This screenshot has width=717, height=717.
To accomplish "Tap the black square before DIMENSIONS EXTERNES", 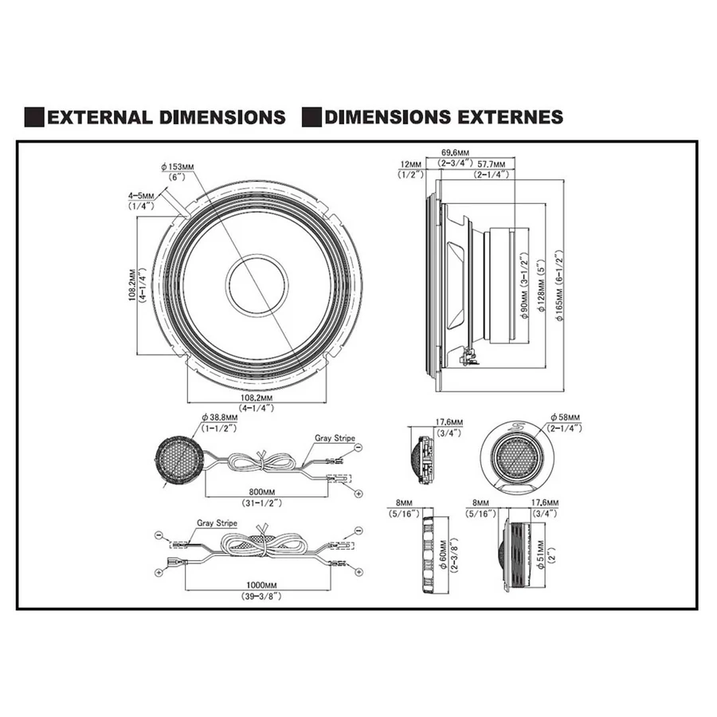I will coord(311,117).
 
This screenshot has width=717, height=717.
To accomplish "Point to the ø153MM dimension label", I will coord(177,167).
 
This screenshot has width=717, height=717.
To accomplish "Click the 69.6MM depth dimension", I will coord(455,152).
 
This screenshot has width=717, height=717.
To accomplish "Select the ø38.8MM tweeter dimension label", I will coord(218,417).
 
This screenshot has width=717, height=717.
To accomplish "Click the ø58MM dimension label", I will coord(566,417).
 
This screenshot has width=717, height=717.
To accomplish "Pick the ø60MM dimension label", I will coord(443,552).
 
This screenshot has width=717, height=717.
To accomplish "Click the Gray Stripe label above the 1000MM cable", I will coord(217,523).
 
